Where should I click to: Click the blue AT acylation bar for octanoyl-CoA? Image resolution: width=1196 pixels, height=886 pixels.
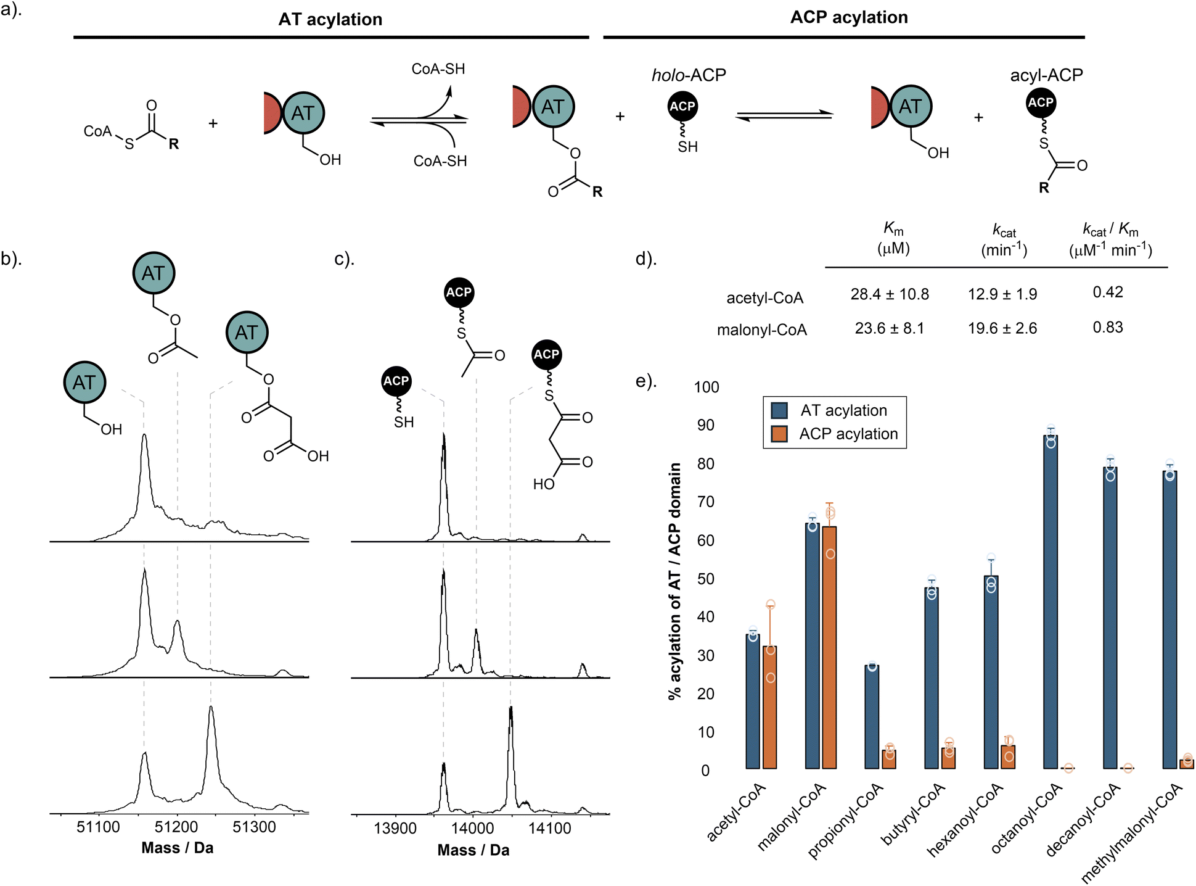(1051, 602)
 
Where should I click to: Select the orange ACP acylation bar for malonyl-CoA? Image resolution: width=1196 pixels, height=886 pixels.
(829, 647)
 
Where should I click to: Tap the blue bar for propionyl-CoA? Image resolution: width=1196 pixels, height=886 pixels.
(872, 717)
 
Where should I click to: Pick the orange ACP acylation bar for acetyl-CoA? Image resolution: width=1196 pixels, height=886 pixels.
(769, 708)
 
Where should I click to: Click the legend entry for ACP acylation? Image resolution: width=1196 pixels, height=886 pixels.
(835, 434)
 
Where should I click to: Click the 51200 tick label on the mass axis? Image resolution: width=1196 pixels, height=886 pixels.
(177, 827)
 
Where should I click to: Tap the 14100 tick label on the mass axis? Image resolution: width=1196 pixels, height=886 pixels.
(550, 828)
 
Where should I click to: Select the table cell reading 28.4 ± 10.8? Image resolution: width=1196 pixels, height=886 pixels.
(890, 294)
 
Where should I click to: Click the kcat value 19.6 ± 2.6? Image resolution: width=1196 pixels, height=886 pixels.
(1002, 328)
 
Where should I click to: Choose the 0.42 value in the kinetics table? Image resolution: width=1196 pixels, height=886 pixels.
(1108, 292)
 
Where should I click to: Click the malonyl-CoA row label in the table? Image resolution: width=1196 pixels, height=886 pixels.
(762, 330)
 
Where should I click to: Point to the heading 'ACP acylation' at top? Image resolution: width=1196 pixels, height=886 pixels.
(849, 17)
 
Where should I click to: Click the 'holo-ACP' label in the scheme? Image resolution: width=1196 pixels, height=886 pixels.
(689, 75)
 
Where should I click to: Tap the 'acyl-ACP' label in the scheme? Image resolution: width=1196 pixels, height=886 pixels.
(1046, 75)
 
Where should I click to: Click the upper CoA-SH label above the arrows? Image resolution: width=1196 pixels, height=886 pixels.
(438, 68)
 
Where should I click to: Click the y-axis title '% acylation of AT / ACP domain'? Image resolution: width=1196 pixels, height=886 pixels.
(675, 581)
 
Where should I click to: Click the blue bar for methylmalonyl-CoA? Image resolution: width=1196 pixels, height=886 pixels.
(1169, 620)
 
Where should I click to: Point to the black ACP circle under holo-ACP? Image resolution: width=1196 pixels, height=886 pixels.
(682, 106)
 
